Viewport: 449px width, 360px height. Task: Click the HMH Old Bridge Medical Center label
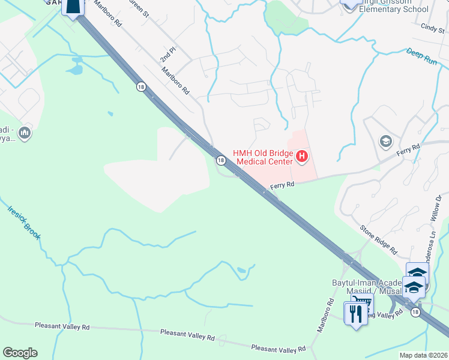point(263,157)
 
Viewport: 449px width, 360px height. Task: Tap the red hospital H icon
point(302,158)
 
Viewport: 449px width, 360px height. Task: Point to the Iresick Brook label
point(24,223)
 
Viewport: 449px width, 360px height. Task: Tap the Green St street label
point(139,8)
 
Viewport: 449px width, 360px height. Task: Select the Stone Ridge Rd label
point(379,237)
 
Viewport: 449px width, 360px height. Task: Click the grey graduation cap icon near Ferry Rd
point(385,142)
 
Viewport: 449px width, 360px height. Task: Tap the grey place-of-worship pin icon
point(25,133)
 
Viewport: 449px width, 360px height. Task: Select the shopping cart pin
point(361,302)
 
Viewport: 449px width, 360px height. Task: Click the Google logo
point(20,353)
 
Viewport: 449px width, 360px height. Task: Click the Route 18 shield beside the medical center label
point(221,160)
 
